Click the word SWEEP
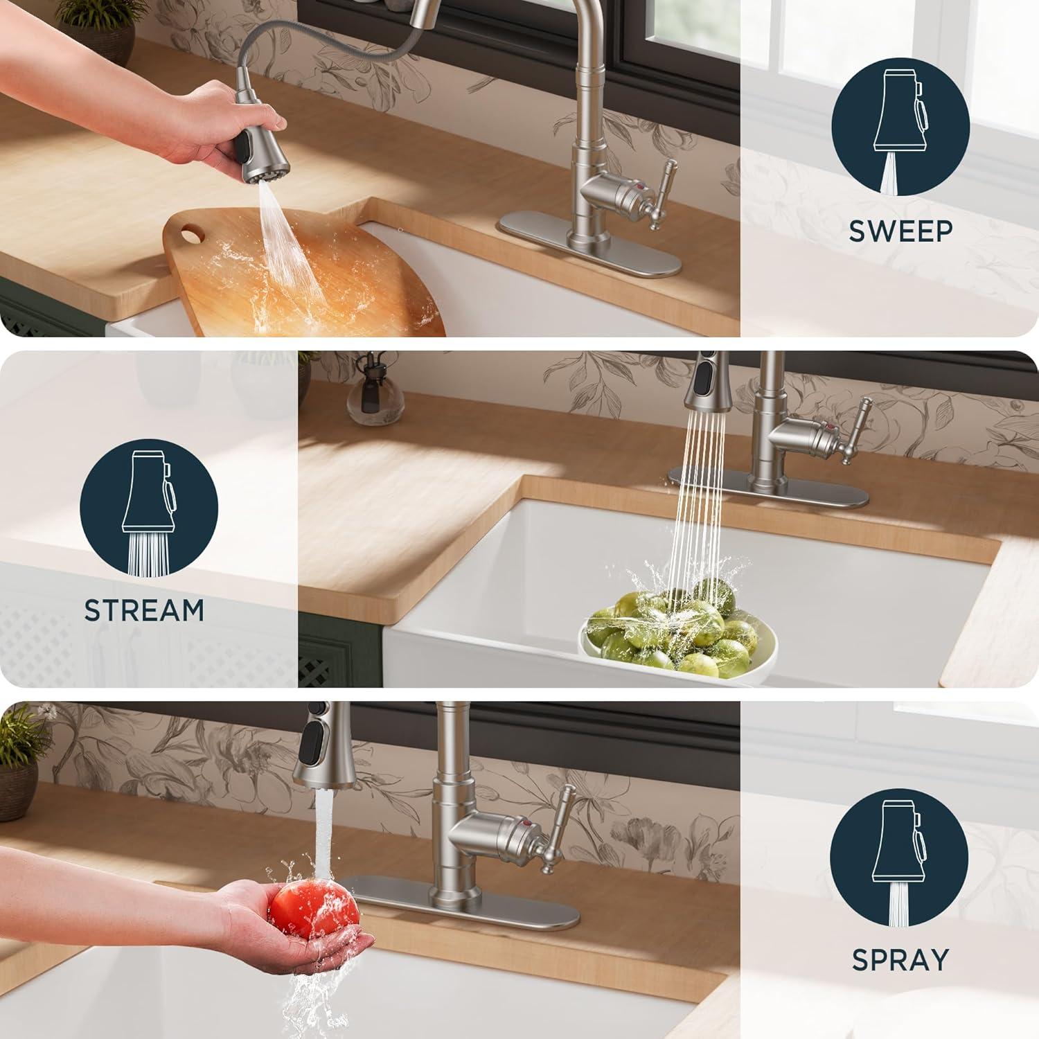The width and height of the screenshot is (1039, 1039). point(900,231)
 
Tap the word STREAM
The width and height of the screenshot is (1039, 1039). point(144,610)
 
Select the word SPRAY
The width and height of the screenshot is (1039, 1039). point(900,960)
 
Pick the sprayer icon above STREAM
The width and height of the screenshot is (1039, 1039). point(149,513)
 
